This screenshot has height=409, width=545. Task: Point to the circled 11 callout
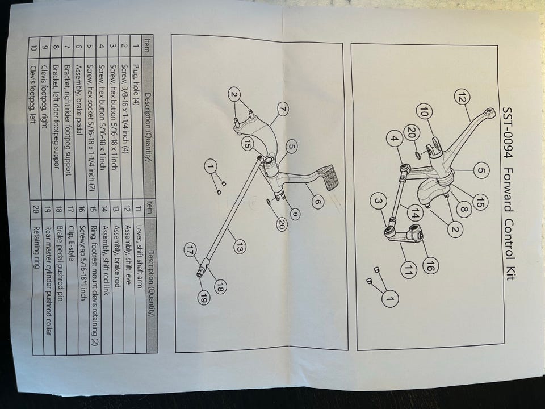pos(408,272)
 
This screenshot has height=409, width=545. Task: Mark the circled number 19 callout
pos(203,298)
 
